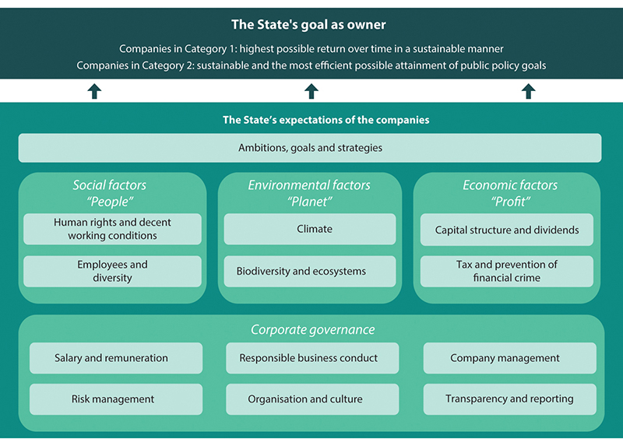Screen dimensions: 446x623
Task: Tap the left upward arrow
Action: point(94,91)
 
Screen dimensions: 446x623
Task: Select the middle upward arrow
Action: point(311,91)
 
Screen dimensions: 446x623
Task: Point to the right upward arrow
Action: point(528,91)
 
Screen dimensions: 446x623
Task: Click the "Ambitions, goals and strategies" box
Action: point(310,148)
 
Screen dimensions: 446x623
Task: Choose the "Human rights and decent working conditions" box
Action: point(112,229)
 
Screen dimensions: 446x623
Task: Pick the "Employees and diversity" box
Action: point(112,272)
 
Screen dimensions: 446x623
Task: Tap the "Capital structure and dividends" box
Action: point(507,230)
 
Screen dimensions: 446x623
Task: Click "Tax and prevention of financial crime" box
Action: point(507,272)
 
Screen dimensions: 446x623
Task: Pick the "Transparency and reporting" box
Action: point(509,399)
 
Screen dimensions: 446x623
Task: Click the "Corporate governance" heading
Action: point(312,330)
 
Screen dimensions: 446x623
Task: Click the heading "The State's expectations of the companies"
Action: point(326,121)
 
